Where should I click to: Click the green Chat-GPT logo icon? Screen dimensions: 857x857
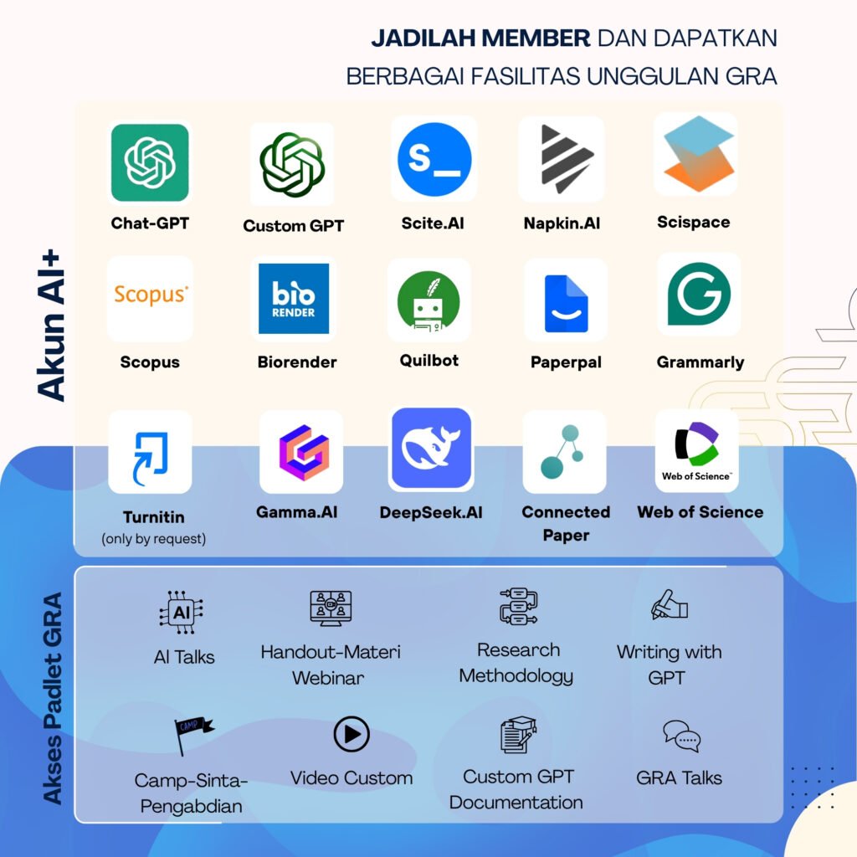click(150, 162)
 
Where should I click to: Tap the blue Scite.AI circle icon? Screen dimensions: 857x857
click(434, 159)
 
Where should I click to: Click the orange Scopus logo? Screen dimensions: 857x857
click(151, 295)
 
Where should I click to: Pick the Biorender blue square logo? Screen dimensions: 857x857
click(293, 298)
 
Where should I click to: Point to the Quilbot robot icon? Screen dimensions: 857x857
click(428, 300)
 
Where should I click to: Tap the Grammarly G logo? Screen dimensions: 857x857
click(698, 294)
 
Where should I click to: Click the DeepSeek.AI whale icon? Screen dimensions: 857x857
click(432, 449)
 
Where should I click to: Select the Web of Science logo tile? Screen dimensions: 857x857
click(696, 451)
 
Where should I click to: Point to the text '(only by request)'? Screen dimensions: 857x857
click(153, 539)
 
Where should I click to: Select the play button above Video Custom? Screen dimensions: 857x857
click(352, 735)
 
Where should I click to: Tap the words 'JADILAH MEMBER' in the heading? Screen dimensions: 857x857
click(480, 38)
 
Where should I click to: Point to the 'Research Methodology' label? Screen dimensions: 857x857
click(517, 663)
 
